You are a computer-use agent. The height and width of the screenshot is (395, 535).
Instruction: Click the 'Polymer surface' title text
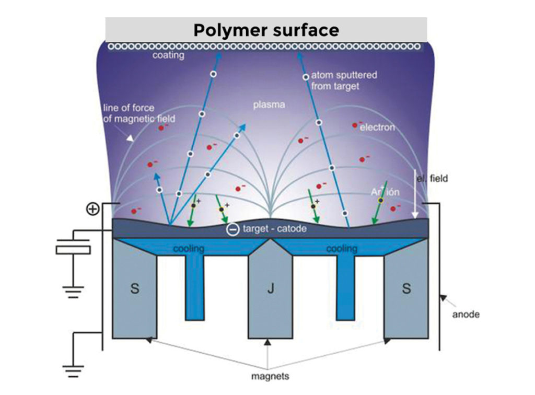[x=266, y=30]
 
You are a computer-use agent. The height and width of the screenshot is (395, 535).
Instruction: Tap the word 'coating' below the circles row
[x=168, y=55]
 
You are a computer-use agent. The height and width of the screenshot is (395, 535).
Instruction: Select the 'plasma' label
[x=269, y=105]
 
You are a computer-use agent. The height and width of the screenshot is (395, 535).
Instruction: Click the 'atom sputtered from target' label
[x=344, y=80]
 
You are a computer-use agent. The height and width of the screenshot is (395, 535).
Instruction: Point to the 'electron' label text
[x=377, y=127]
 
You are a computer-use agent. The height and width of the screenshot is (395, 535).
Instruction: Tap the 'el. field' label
[x=432, y=179]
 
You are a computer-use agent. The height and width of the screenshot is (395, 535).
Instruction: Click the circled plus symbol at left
[x=92, y=210]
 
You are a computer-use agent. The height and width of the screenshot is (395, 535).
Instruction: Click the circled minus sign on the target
[x=232, y=229]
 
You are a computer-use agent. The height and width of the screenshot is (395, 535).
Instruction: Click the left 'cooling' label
[x=189, y=249]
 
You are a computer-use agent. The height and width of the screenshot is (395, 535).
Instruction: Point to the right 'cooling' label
[x=342, y=249]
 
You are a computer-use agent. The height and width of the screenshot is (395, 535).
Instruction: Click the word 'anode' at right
[x=466, y=315]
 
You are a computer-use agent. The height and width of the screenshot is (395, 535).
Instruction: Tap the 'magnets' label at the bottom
[x=269, y=376]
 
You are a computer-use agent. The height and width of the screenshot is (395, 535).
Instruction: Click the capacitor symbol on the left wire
[x=73, y=247]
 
